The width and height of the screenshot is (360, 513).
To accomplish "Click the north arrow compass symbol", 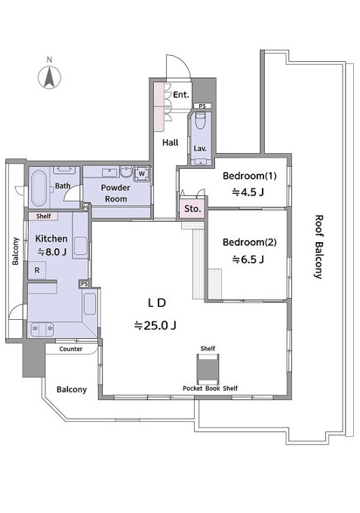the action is (x=49, y=77).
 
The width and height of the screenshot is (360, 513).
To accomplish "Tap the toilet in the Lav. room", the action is (x=200, y=121).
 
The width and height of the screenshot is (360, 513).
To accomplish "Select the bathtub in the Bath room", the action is (x=39, y=188).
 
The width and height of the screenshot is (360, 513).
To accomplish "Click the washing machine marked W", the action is (x=142, y=174).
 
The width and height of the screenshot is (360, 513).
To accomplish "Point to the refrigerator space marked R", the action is (x=37, y=270).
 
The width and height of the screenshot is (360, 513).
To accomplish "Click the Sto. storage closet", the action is (x=192, y=208).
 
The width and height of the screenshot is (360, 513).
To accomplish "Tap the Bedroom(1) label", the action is (x=249, y=176).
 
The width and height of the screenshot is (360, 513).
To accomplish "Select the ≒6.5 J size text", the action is (x=248, y=260).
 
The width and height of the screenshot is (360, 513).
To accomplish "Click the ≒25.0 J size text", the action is (x=155, y=326).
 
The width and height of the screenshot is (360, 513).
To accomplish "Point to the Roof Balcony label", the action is (x=318, y=247).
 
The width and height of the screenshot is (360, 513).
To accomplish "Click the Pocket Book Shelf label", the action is (x=210, y=389).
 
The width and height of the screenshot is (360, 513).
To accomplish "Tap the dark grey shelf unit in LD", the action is (x=208, y=369).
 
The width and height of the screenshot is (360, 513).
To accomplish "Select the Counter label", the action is (x=71, y=349).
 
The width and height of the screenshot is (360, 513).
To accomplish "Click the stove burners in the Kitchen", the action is (x=42, y=329).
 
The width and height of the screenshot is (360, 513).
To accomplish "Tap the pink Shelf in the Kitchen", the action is (x=44, y=216).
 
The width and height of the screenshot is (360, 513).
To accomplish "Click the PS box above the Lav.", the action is (x=202, y=106).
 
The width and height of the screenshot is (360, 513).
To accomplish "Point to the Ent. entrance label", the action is (x=181, y=95).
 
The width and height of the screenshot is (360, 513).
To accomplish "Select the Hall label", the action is (x=171, y=143).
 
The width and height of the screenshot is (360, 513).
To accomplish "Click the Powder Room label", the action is (x=115, y=193).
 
